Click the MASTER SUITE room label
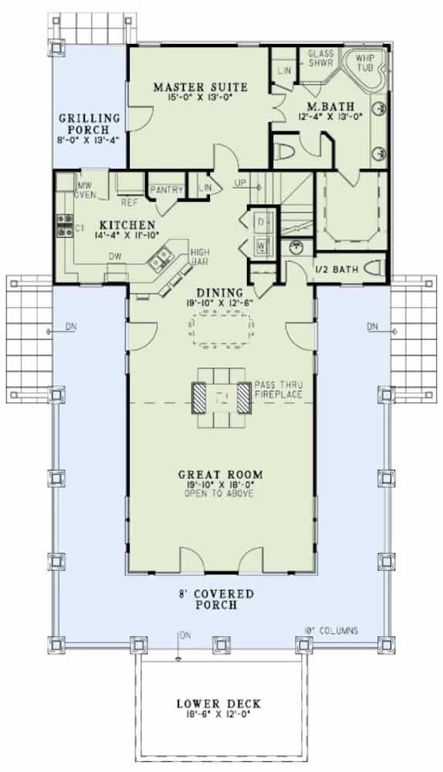point(200,87)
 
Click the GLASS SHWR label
point(320,59)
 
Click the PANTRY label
point(166,189)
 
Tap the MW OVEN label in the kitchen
point(85,191)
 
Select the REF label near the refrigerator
point(130,204)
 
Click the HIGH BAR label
point(200,256)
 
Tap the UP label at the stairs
point(241,184)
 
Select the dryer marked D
point(260,222)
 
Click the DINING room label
point(219,293)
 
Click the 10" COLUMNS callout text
point(330,631)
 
